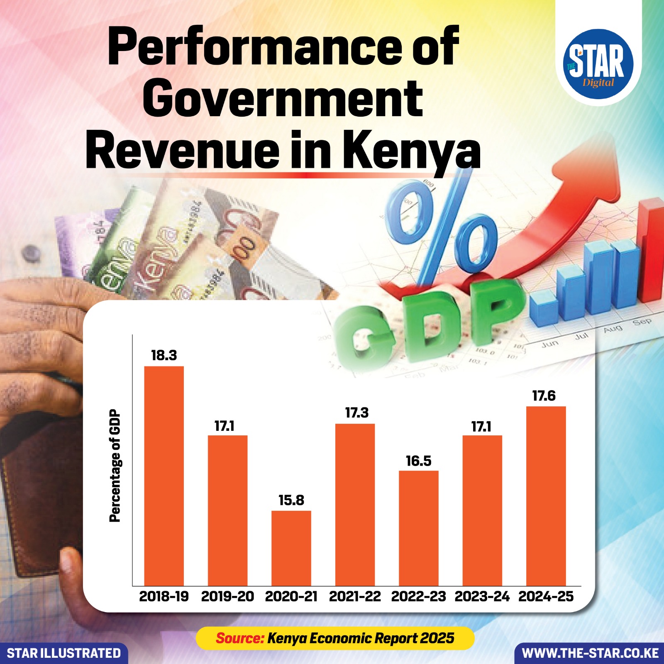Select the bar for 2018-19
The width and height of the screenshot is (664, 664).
[x=164, y=476]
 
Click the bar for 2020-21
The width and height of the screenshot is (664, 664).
[x=291, y=548]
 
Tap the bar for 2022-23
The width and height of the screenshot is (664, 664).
[x=419, y=528]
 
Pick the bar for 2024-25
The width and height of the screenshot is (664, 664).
[x=546, y=496]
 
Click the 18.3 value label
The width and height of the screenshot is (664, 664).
[x=164, y=355]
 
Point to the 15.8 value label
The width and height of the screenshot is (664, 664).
[x=291, y=500]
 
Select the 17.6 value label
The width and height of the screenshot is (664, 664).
[x=544, y=396]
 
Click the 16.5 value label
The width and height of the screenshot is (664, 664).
[x=419, y=461]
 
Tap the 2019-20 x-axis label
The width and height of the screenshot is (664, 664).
[x=227, y=596]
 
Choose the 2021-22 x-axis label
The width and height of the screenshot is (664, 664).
[x=355, y=596]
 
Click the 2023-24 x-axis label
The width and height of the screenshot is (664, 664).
[x=482, y=596]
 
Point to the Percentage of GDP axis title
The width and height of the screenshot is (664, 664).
[x=115, y=466]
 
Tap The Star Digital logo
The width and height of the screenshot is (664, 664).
[x=598, y=64]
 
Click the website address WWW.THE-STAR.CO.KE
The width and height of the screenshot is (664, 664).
[x=590, y=653]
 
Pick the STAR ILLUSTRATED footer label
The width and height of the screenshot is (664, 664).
[x=64, y=653]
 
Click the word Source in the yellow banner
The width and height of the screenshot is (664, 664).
[x=240, y=638]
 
